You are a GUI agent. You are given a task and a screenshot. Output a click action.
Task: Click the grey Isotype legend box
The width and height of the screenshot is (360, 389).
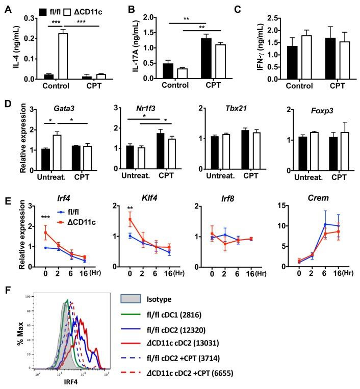click(x=134, y=299)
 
